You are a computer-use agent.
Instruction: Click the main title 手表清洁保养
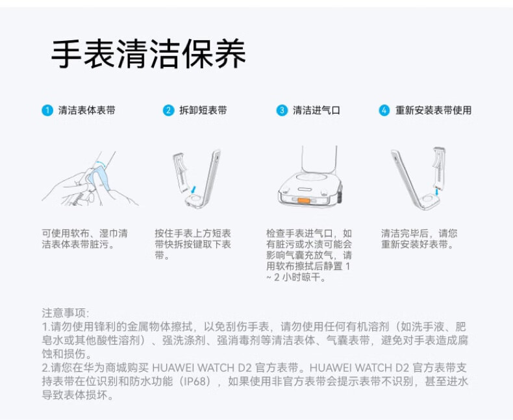coord(149,54)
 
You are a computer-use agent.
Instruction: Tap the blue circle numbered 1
coord(47,110)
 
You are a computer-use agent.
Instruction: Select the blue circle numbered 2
coord(168,110)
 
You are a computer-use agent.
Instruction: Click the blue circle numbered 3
coord(282,110)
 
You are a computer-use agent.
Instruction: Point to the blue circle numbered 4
coord(384,110)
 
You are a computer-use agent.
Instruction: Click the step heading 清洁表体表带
coord(87,110)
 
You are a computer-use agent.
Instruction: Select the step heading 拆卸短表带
coord(203,110)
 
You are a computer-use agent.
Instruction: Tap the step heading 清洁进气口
coord(316,110)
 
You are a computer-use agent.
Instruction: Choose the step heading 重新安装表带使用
coord(433,110)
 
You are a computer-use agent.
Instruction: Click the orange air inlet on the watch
coord(304,201)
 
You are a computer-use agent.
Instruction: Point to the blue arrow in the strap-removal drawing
coord(194,190)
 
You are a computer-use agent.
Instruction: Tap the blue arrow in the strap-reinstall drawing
coord(437,191)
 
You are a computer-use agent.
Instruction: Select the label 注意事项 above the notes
coord(66,313)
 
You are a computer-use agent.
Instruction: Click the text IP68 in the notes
coord(195,382)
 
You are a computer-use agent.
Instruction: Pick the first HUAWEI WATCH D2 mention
coord(202,367)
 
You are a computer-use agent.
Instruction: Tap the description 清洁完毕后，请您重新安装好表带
coord(419,239)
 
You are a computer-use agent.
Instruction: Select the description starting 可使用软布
coord(84,239)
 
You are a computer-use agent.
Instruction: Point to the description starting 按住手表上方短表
coord(193,244)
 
